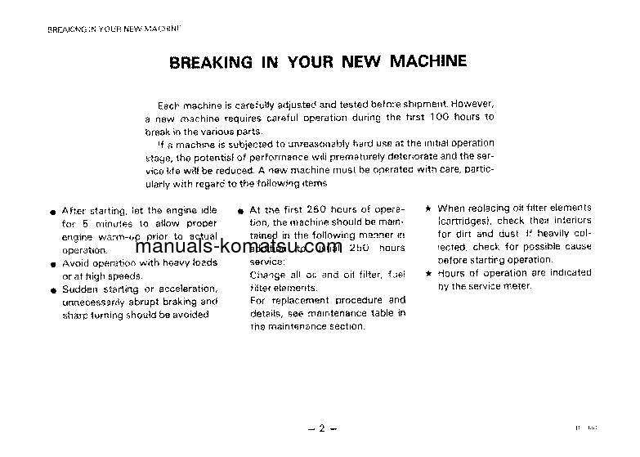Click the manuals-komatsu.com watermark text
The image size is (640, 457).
tap(238, 248)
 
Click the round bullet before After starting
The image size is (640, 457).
tap(51, 213)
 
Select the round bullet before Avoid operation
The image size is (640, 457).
tap(51, 265)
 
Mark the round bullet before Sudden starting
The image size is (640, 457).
tap(51, 291)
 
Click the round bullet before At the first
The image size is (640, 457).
tap(241, 212)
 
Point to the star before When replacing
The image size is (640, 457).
tap(429, 209)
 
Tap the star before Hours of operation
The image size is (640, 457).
tap(429, 274)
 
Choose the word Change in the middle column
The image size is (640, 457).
tap(267, 274)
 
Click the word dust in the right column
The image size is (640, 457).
tap(508, 234)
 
